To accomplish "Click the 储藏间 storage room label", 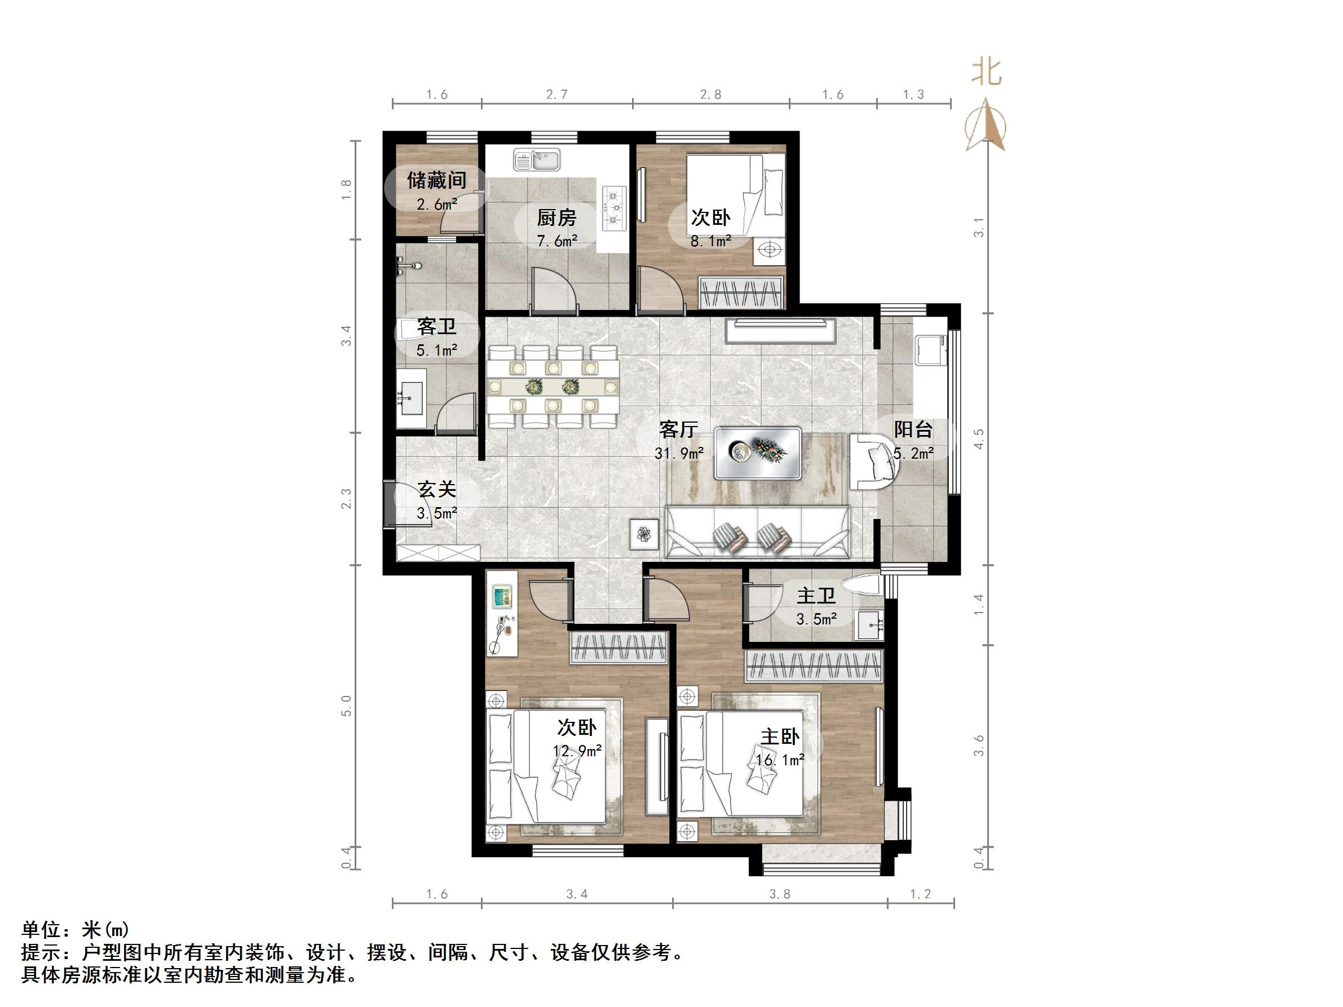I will pos(436,180).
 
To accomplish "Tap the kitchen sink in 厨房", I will pos(537,160).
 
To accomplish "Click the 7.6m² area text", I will pos(556,241).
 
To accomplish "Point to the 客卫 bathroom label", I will pos(436,327).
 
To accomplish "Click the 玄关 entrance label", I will pos(436,489).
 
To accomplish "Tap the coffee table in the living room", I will pos(758,453).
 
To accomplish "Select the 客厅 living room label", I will pos(679,430).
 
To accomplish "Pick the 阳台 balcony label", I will pos(913,430).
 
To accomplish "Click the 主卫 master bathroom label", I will pos(816,596).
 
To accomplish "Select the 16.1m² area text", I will pos(780,760).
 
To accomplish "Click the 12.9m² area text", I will pos(577,750).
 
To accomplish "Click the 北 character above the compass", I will pos(987,72).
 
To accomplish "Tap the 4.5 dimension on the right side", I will pos(978,439).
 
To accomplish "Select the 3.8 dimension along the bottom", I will pos(780,894).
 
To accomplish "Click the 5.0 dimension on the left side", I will pos(346,706).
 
